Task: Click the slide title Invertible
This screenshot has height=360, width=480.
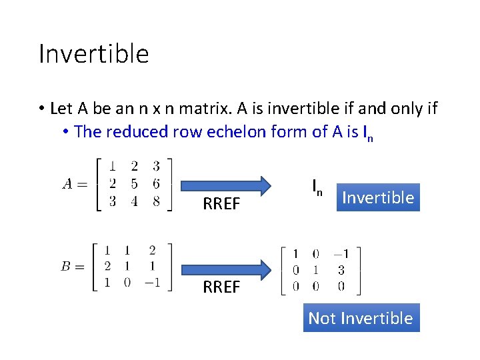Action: point(94,53)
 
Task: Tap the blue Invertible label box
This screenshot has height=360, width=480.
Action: point(378,197)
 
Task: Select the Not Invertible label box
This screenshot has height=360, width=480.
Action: point(361,318)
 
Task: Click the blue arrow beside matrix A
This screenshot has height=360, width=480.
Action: point(226,185)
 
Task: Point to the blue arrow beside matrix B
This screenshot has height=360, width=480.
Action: point(226,269)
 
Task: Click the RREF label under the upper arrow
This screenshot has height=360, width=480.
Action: point(221,204)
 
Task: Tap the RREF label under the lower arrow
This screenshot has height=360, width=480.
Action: point(221,287)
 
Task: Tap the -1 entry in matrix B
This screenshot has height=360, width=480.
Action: point(151,282)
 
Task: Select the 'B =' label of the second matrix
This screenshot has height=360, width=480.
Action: point(74,267)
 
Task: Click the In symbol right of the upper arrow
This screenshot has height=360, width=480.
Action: point(317,187)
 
